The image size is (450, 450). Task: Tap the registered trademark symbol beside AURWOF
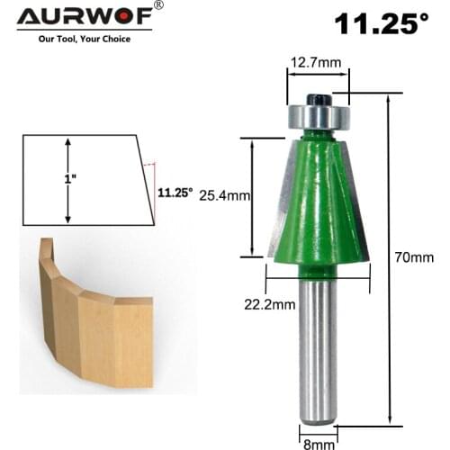pyautogui.click(x=159, y=6)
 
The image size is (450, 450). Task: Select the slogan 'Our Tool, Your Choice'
pyautogui.click(x=85, y=39)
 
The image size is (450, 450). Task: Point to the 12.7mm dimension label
pyautogui.click(x=316, y=64)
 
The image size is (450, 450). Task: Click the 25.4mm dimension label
pyautogui.click(x=224, y=193)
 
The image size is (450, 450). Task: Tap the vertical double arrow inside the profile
pyautogui.click(x=67, y=180)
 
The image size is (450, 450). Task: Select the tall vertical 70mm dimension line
pyautogui.click(x=389, y=257)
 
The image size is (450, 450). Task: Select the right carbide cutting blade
pyautogui.click(x=358, y=207)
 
